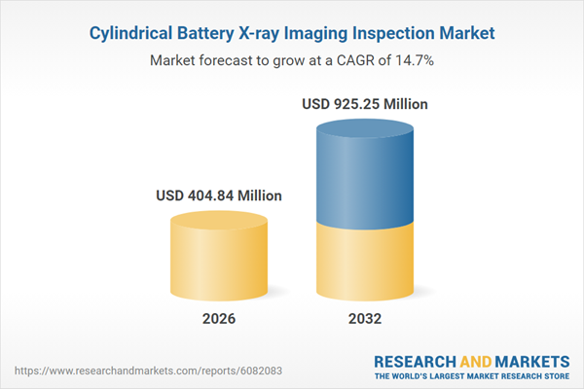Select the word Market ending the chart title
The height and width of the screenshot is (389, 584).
click(x=467, y=33)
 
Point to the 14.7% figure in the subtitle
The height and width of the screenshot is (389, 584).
click(x=414, y=60)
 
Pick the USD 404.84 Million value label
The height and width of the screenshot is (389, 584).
click(x=219, y=195)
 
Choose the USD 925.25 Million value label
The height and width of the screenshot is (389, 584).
click(x=366, y=103)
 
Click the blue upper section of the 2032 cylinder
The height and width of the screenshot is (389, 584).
click(x=365, y=175)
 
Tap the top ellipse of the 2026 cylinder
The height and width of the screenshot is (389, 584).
click(x=219, y=219)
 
